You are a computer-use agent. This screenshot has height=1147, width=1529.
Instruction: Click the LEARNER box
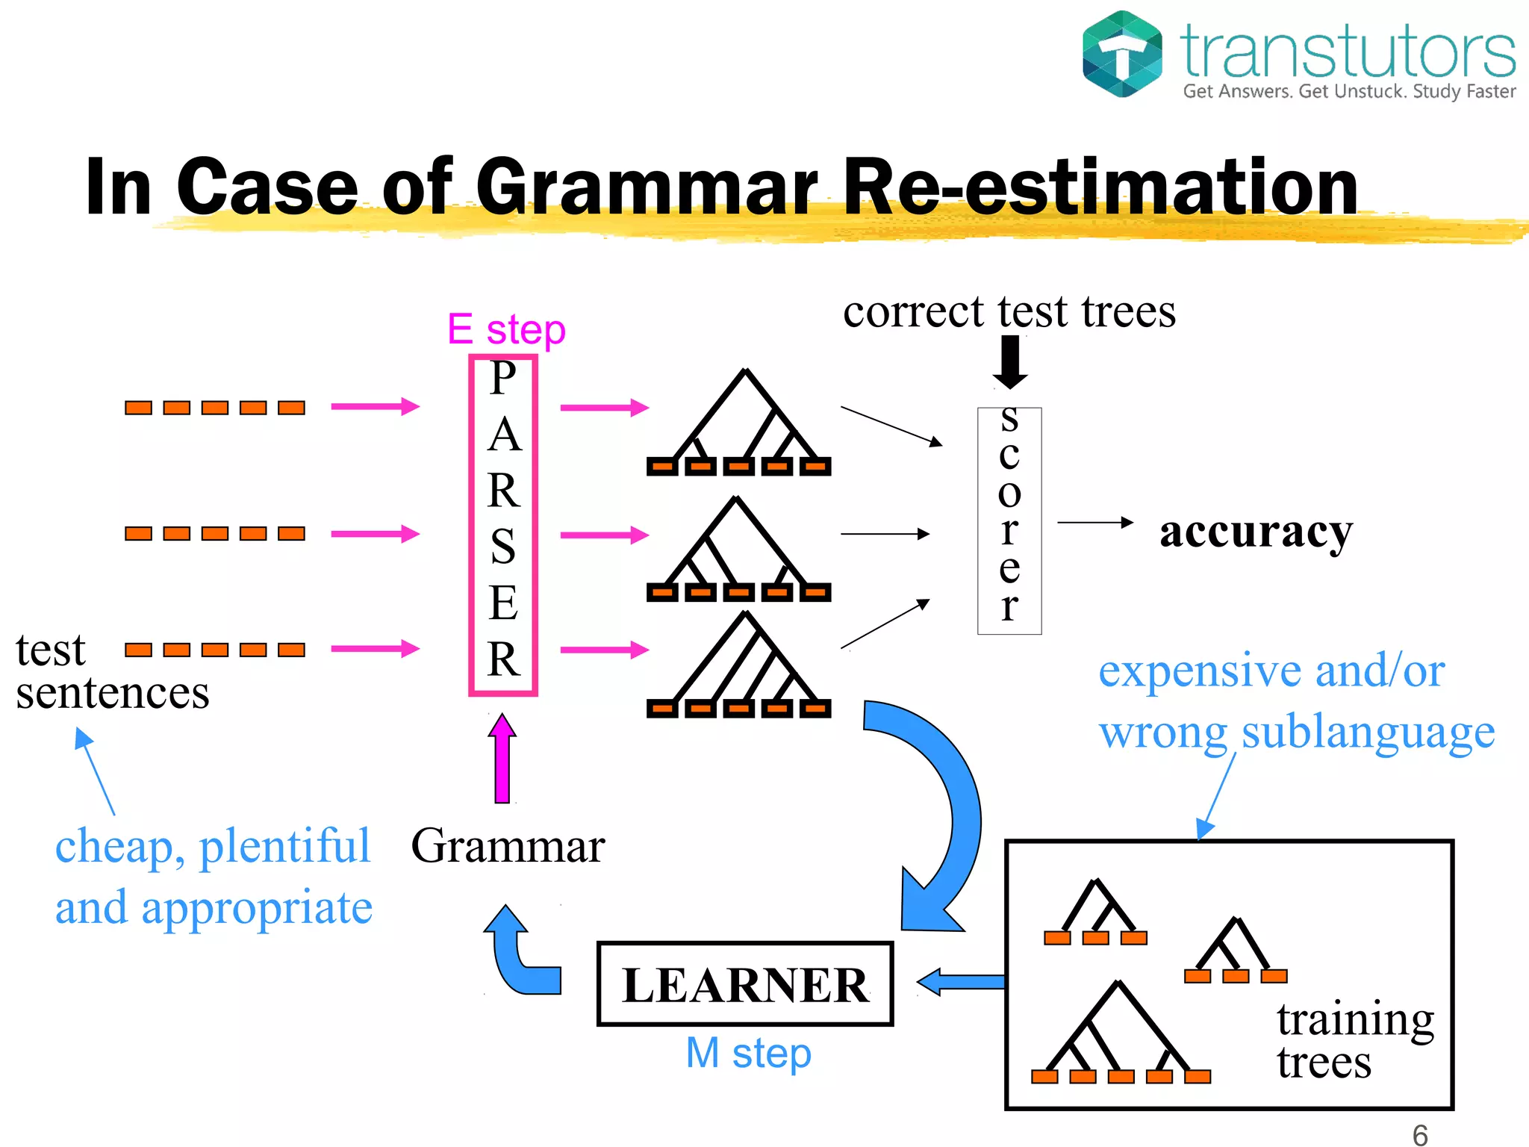point(745,983)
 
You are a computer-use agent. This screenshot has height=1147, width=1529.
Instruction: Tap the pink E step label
point(506,329)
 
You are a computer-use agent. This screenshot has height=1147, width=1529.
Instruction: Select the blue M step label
point(748,1053)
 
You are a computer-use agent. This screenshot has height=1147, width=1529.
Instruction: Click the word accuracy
point(1256,532)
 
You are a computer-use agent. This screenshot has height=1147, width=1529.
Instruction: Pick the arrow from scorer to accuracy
point(1095,523)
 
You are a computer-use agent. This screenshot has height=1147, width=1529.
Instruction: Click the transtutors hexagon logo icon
point(1122,54)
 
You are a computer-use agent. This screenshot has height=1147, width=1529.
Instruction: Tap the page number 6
point(1420,1134)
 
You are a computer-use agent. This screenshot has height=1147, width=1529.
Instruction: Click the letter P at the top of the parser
point(503,378)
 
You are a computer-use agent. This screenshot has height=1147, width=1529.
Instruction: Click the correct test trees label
point(1009,311)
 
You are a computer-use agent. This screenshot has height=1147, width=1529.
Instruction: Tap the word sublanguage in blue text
point(1368,732)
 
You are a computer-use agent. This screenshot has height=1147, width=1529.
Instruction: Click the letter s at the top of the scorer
point(1009,420)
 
